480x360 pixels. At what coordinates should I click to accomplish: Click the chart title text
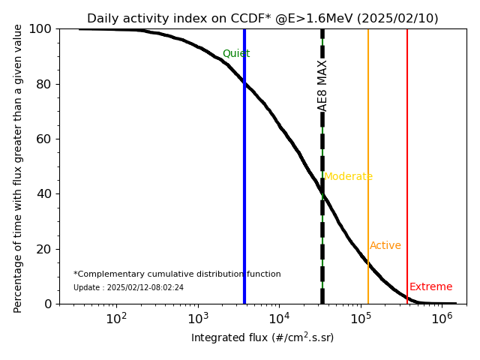(x=262, y=19)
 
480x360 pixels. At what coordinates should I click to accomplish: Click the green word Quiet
(x=236, y=54)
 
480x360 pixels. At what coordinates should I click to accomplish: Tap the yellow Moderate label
(x=348, y=177)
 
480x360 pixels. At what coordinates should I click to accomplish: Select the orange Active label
(x=385, y=246)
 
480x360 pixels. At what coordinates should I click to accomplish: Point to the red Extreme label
(x=430, y=287)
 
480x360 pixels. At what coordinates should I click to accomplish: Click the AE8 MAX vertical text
(x=322, y=85)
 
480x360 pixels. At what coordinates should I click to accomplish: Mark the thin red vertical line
(x=407, y=150)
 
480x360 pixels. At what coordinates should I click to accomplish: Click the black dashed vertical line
(x=322, y=225)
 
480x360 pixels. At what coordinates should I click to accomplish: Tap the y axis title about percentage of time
(x=19, y=166)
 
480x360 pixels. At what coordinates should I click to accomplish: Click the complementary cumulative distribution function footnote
(x=177, y=274)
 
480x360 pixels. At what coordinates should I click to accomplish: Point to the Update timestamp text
(x=128, y=288)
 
